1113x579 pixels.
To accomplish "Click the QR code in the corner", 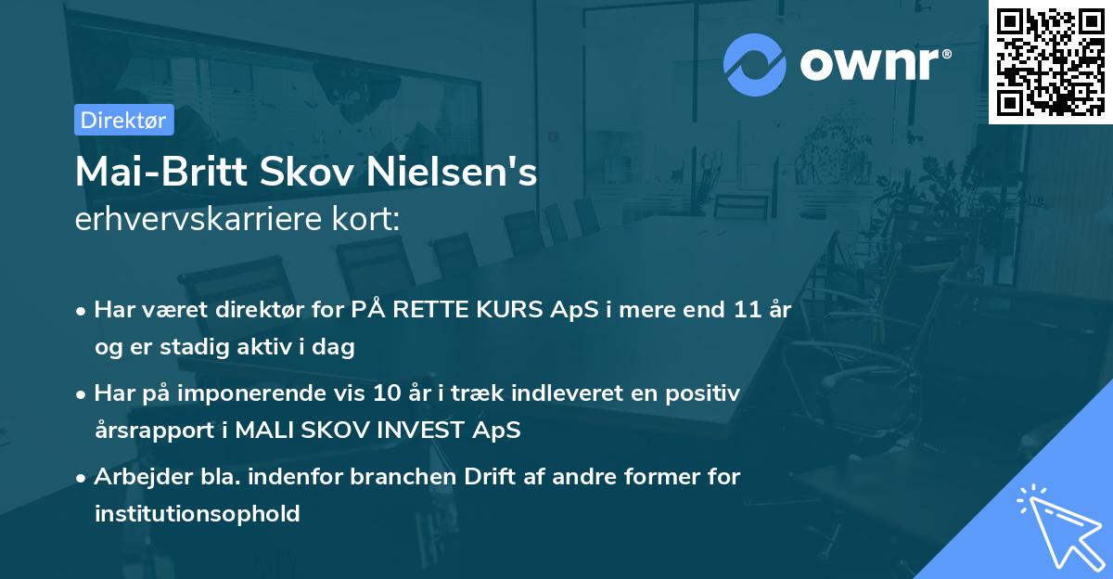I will pos(1050,61).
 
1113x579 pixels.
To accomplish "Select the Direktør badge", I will pos(123,120).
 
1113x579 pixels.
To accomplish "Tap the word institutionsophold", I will pos(197,513).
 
